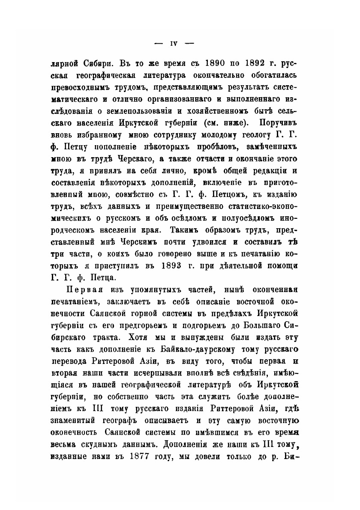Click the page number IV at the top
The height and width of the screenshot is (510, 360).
(x=174, y=43)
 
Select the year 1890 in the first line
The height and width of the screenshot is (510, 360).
(x=181, y=64)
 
